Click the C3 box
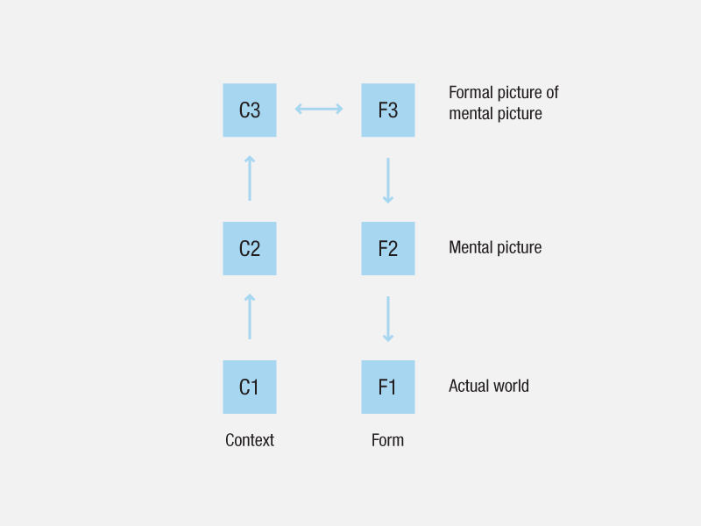(250, 110)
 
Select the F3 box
(388, 110)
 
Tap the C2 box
(250, 249)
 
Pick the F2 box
(388, 249)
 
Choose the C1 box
(250, 387)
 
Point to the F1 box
(388, 387)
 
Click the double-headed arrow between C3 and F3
(319, 109)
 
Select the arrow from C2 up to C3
(250, 178)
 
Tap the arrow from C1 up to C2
(250, 316)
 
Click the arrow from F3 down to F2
(388, 181)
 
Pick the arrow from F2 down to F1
(388, 319)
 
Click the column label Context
(250, 440)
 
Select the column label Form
(387, 440)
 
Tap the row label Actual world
(489, 386)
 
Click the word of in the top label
(552, 93)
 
